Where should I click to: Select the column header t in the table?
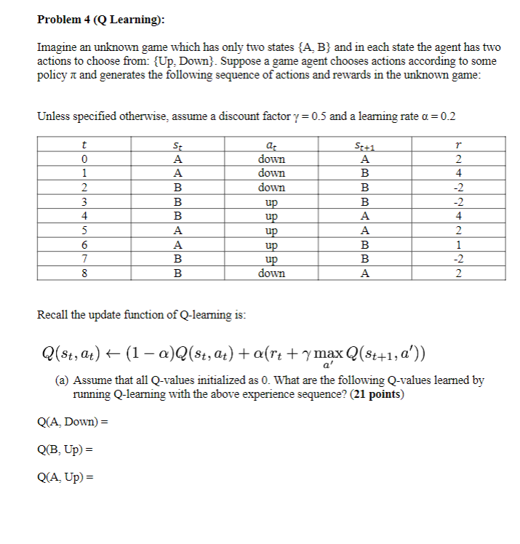point(85,145)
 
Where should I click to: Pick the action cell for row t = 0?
point(271,159)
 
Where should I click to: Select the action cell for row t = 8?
point(271,273)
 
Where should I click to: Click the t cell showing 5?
point(85,231)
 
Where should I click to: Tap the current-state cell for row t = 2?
point(177,188)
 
